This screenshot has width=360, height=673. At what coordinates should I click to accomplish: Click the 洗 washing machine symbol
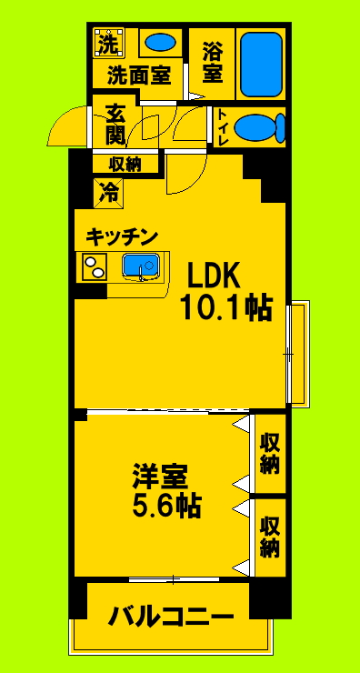point(108,43)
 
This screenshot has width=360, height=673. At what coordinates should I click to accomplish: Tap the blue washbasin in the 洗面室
point(161,42)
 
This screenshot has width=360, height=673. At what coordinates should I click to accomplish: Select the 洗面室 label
point(138,75)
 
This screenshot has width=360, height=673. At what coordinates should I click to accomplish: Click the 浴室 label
point(212,60)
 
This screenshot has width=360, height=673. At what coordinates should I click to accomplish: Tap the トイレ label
point(222,127)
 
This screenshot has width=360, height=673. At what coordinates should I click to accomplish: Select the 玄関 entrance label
point(115,125)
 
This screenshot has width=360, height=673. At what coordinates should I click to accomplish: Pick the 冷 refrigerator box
point(109,192)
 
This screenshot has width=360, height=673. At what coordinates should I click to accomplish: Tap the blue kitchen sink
point(141,266)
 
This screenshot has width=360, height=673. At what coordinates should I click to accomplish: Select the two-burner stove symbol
point(95,266)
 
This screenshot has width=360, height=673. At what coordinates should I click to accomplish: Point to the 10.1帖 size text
point(225,308)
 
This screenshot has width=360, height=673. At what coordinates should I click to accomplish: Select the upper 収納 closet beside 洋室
point(269,453)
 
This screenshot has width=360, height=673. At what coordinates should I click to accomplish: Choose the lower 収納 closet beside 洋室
point(269,537)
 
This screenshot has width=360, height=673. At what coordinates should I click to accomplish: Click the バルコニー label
point(171,618)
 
